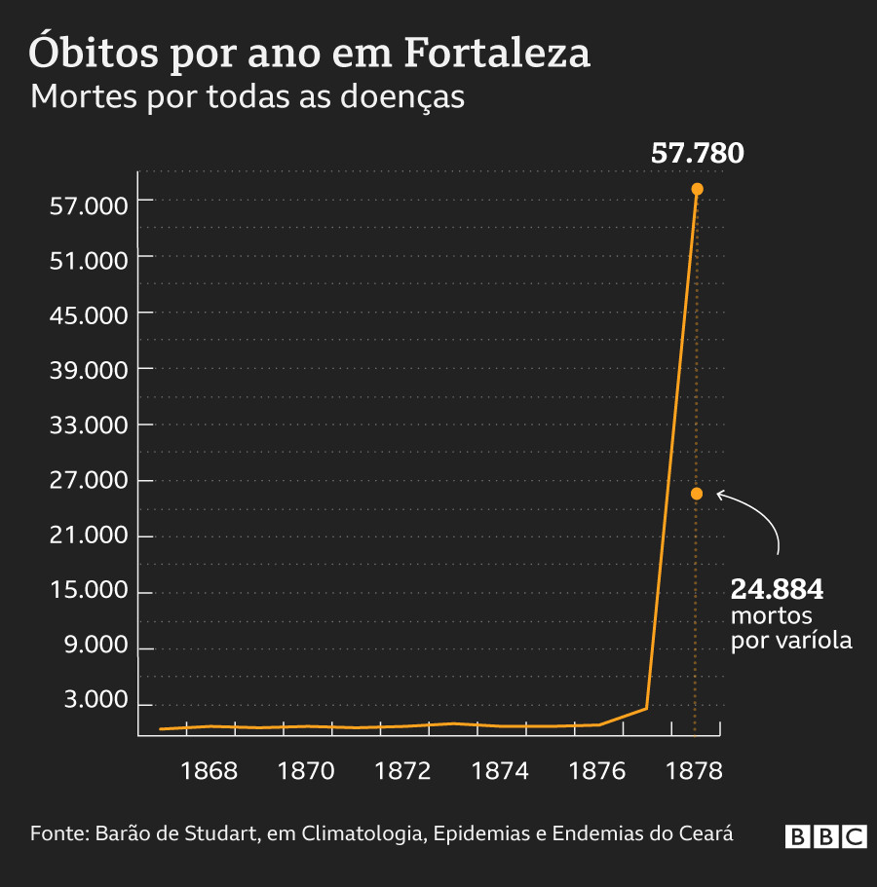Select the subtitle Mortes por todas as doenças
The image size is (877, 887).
point(248,97)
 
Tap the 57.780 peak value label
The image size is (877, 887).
point(697,154)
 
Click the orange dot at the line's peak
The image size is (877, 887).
point(697,189)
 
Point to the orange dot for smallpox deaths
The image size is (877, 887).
point(696,494)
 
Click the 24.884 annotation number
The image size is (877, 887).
point(777,590)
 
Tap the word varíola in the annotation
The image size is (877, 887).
point(814,641)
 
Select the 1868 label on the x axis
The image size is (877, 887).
point(210,771)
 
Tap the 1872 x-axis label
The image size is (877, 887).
point(403,771)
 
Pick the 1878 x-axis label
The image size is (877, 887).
point(693,771)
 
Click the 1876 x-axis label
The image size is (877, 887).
point(596,771)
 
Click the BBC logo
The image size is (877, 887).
point(825,836)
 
